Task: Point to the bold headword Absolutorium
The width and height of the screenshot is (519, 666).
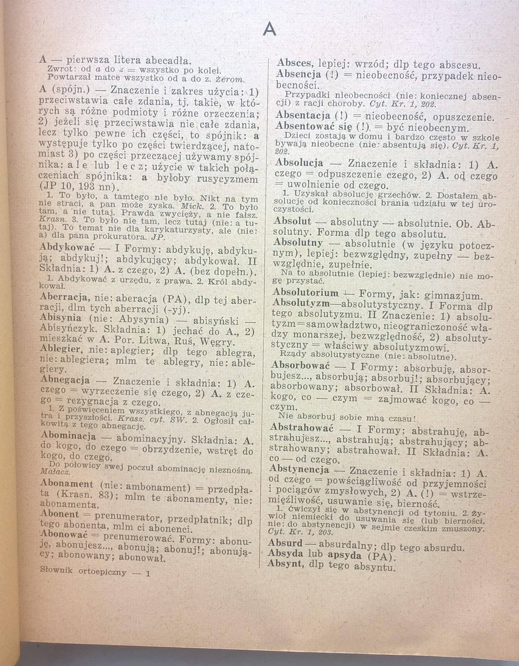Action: click(305, 293)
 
